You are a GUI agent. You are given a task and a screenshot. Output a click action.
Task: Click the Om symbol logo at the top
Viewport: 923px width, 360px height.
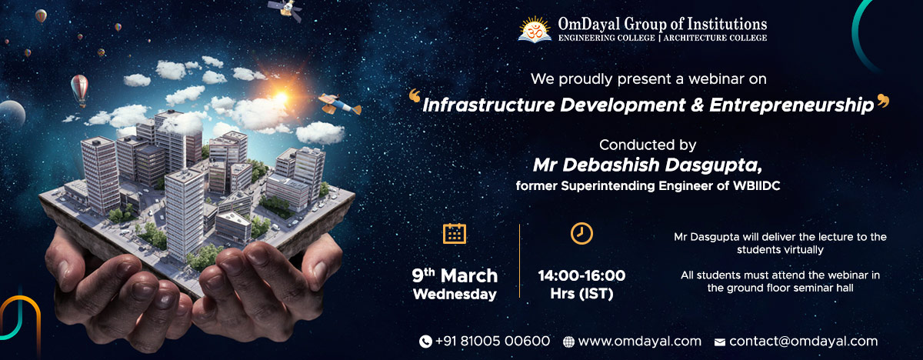[x=535, y=28]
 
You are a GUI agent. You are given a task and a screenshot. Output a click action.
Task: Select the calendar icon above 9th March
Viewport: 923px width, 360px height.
[x=455, y=233]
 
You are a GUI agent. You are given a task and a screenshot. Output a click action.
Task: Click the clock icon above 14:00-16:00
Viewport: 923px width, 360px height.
[x=581, y=233]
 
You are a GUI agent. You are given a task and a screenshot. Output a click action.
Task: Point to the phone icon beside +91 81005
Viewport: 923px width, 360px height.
[x=425, y=342]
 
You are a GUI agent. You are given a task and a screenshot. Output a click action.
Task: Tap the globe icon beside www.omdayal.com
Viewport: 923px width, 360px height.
[x=568, y=342]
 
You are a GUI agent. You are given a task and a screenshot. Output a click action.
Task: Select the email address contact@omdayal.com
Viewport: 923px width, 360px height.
[x=803, y=341]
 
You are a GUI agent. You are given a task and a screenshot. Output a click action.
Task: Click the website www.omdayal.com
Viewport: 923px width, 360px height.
[x=639, y=341]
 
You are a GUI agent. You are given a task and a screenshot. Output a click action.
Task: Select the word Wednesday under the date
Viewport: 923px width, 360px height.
[x=455, y=294]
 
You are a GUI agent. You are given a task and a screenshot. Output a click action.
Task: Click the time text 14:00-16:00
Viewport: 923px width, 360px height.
[x=581, y=275]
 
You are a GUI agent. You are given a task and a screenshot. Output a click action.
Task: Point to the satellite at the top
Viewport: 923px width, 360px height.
[x=284, y=9]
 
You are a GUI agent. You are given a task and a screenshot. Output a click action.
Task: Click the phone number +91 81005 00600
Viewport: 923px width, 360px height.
[x=492, y=341]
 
